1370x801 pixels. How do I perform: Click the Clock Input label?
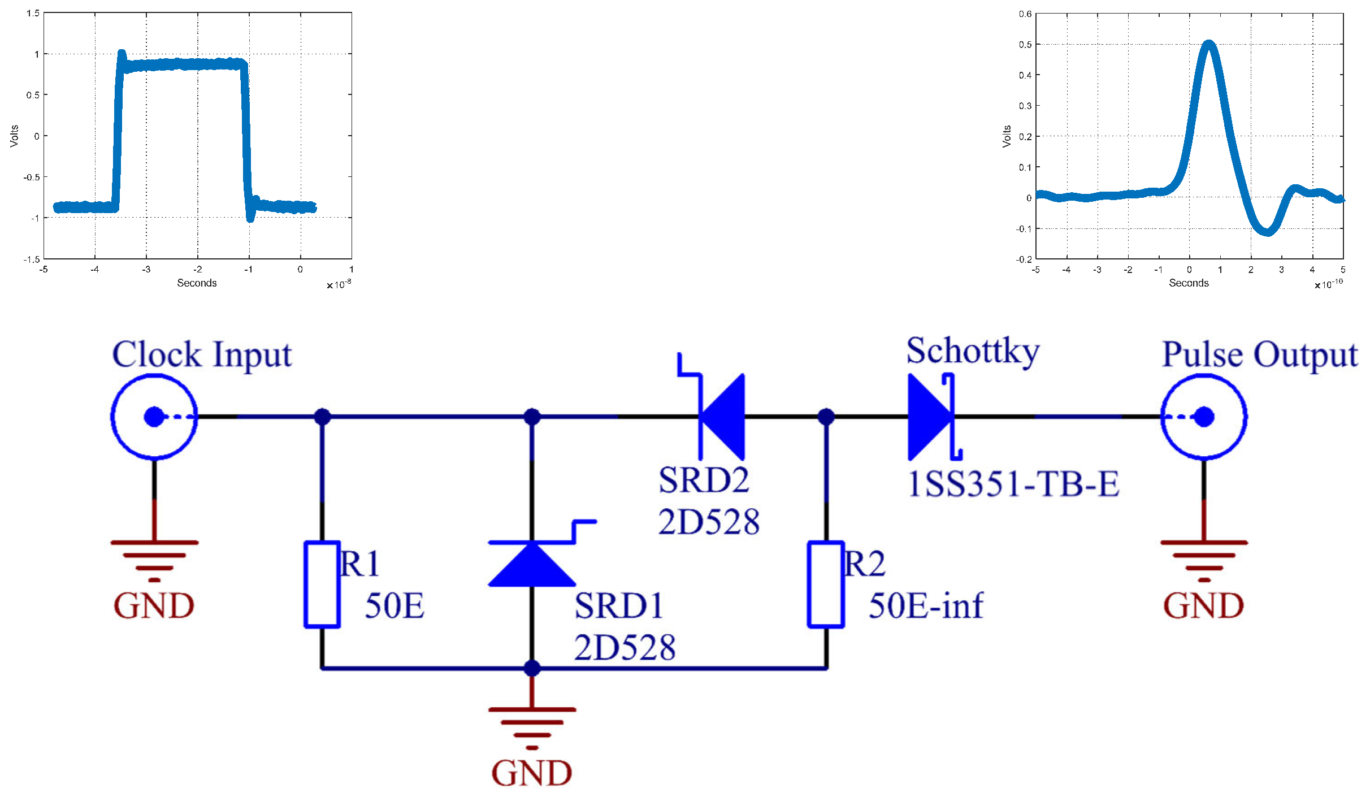click(x=202, y=355)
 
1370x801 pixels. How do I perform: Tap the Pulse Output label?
click(x=1259, y=355)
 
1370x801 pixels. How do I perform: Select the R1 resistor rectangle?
click(x=322, y=584)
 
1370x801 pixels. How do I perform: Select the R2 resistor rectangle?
click(x=826, y=584)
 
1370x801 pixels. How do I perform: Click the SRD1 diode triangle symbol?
click(x=531, y=565)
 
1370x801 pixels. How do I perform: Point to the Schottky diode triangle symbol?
click(x=929, y=417)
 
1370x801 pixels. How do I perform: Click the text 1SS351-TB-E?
click(x=1013, y=484)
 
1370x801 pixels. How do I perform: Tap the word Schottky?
click(x=972, y=351)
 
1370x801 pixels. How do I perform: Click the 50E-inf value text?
click(x=926, y=605)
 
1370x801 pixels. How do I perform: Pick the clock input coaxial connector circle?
click(x=154, y=417)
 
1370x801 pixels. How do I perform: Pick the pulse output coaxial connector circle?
click(x=1204, y=417)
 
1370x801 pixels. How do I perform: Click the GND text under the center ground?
click(x=531, y=773)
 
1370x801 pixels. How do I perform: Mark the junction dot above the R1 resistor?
click(x=322, y=417)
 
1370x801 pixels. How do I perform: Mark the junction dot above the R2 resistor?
click(x=826, y=417)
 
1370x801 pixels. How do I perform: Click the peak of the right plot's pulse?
click(x=1208, y=44)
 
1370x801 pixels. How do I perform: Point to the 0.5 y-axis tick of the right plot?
click(x=1025, y=44)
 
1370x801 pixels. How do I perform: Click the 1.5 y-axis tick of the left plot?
click(x=33, y=13)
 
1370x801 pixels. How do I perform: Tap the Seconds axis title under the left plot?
click(x=197, y=283)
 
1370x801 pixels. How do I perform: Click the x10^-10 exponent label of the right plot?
click(x=1328, y=284)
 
